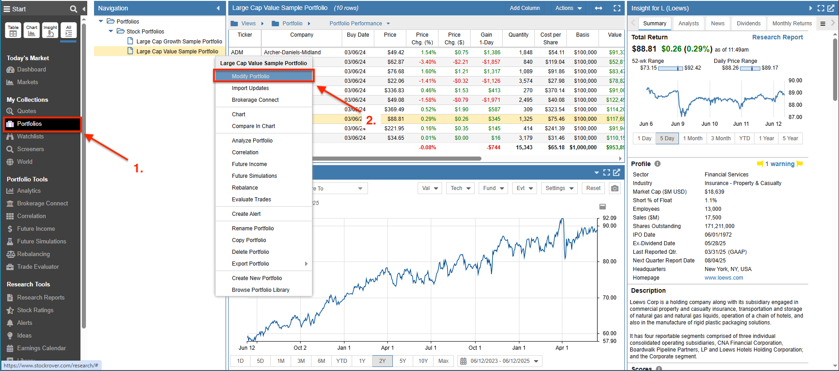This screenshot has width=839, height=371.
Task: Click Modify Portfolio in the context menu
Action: [x=250, y=76]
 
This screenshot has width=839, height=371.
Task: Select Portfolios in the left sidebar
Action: [x=29, y=124]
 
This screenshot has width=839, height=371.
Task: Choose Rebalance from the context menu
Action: [x=245, y=188]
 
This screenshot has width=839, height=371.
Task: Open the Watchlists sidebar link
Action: [x=30, y=137]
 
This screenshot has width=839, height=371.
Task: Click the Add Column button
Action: [x=524, y=8]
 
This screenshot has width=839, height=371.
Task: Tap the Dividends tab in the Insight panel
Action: [x=748, y=24]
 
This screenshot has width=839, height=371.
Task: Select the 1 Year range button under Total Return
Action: [x=766, y=138]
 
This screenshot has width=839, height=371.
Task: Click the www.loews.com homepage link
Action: [x=723, y=278]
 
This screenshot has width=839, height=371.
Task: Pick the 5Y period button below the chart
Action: [x=402, y=361]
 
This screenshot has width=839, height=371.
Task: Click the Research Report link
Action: [x=777, y=37]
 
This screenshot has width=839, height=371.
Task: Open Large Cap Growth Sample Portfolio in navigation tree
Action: [x=179, y=42]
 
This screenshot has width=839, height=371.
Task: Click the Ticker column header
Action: [x=245, y=35]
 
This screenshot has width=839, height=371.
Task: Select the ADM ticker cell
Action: [x=237, y=52]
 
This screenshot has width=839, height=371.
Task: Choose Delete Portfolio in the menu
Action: [x=250, y=252]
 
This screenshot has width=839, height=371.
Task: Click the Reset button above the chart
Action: [x=593, y=188]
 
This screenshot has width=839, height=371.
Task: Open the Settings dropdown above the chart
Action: [x=559, y=188]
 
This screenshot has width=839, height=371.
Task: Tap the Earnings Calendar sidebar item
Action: [x=41, y=348]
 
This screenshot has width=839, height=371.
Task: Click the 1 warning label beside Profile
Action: [x=779, y=164]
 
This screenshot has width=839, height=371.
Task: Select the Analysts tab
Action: [x=688, y=24]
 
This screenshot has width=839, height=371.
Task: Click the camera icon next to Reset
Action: [x=614, y=188]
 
